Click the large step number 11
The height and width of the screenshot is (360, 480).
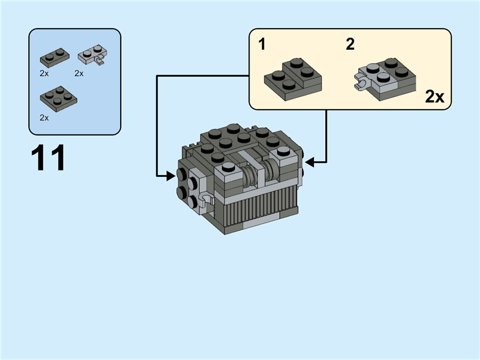(48, 158)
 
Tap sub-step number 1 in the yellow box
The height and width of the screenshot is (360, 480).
(262, 44)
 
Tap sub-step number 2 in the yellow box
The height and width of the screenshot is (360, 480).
(350, 44)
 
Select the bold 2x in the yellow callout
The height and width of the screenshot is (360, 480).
(434, 97)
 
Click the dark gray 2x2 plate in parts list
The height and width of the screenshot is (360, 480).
(58, 98)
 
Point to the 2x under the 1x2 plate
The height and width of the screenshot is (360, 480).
(44, 73)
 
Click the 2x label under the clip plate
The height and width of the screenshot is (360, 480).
(79, 73)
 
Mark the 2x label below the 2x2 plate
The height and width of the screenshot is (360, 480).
(44, 118)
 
